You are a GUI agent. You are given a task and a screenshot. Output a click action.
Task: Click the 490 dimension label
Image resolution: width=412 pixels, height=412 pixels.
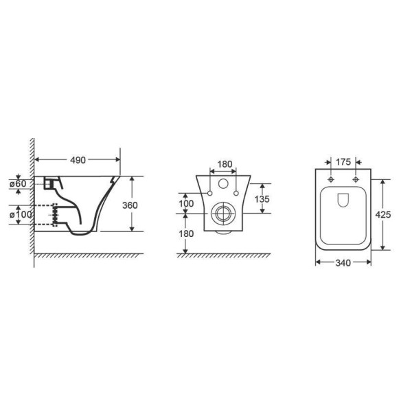pyautogui.click(x=78, y=160)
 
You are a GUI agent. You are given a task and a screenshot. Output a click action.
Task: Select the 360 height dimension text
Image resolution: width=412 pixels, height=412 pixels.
pyautogui.click(x=130, y=205)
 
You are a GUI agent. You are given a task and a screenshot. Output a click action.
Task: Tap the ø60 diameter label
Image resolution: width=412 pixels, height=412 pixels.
pyautogui.click(x=18, y=184)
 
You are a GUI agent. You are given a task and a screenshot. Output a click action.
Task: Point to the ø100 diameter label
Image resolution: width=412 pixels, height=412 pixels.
pyautogui.click(x=21, y=215)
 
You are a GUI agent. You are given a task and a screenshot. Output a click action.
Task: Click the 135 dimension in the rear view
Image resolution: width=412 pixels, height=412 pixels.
pyautogui.click(x=262, y=199)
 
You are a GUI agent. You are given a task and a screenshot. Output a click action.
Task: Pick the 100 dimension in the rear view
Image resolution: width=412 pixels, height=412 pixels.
pyautogui.click(x=186, y=203)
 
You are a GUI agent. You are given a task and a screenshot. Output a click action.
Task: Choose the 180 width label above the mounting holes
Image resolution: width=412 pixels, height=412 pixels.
pyautogui.click(x=225, y=164)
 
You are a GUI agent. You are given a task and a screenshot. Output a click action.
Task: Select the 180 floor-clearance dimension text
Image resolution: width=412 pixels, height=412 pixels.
pyautogui.click(x=186, y=233)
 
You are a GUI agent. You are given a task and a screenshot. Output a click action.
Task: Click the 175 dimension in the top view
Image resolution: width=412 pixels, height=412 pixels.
pyautogui.click(x=343, y=162)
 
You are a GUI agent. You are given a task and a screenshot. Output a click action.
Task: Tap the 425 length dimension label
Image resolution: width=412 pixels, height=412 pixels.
pyautogui.click(x=383, y=215)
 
